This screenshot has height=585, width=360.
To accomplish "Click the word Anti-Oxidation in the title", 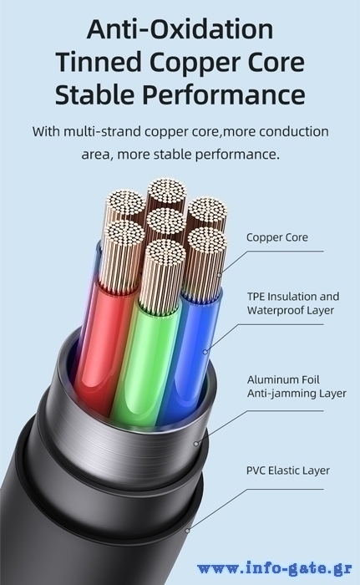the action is point(180,29).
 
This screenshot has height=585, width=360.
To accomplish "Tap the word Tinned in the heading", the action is point(99,62).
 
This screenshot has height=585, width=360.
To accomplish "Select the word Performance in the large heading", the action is point(225,94).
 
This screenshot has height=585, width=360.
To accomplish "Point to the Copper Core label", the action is point(277,237).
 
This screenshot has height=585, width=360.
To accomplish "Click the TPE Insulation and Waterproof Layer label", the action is point(293,303).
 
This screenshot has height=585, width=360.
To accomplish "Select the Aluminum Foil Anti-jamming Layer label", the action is point(297,386).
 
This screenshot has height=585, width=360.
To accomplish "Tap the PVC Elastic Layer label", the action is point(288,470).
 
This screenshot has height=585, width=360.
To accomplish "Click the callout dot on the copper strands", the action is point(220,275).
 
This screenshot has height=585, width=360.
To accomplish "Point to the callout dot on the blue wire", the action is point(205,352).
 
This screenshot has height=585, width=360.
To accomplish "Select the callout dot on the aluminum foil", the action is point(196,444).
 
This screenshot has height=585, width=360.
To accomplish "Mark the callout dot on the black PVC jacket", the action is point(188,530).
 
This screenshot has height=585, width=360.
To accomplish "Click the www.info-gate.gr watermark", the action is point(275,568).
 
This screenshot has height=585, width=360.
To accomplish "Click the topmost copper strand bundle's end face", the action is point(167,191).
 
